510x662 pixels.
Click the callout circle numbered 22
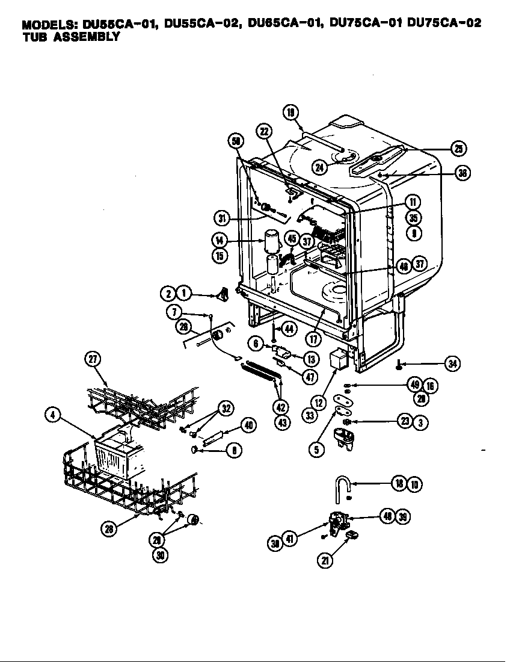264,132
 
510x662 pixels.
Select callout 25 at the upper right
459,149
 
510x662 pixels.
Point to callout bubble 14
219,240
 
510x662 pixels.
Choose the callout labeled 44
290,329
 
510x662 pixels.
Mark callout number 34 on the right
453,363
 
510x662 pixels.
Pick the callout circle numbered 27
92,360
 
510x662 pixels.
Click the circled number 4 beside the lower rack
54,415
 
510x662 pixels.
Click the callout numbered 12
319,402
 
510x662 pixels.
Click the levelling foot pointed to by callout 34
399,364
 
